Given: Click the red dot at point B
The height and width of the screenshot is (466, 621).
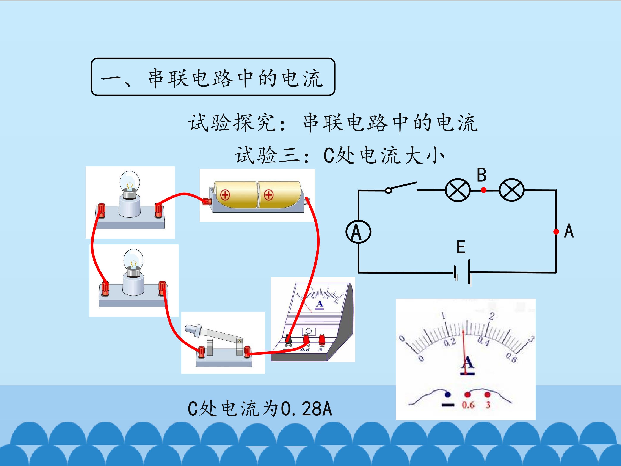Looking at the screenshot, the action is (x=483, y=190).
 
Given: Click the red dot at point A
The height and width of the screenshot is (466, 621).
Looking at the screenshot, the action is (x=556, y=232).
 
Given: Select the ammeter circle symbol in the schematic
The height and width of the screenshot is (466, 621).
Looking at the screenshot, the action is (x=358, y=232).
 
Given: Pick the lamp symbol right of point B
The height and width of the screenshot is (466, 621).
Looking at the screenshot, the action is (x=511, y=190).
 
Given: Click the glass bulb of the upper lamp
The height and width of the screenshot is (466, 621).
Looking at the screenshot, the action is (x=130, y=181).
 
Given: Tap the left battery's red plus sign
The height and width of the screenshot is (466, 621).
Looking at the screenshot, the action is (x=225, y=195).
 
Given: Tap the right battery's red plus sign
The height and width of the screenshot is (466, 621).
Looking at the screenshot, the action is (x=269, y=195).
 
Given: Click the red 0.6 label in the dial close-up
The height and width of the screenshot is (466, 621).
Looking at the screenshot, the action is (x=468, y=405).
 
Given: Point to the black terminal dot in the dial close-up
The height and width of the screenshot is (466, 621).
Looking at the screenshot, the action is (x=447, y=395).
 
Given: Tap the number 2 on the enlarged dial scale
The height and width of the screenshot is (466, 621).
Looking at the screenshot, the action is (x=491, y=316).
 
